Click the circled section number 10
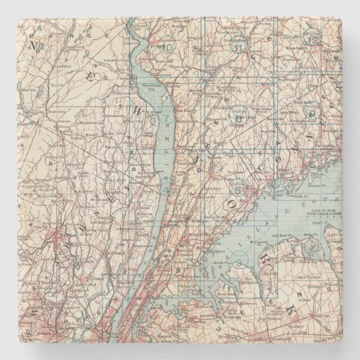click(168, 46)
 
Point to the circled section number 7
click(166, 119)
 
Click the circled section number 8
click(239, 118)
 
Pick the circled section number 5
click(238, 191)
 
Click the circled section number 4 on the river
click(165, 190)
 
